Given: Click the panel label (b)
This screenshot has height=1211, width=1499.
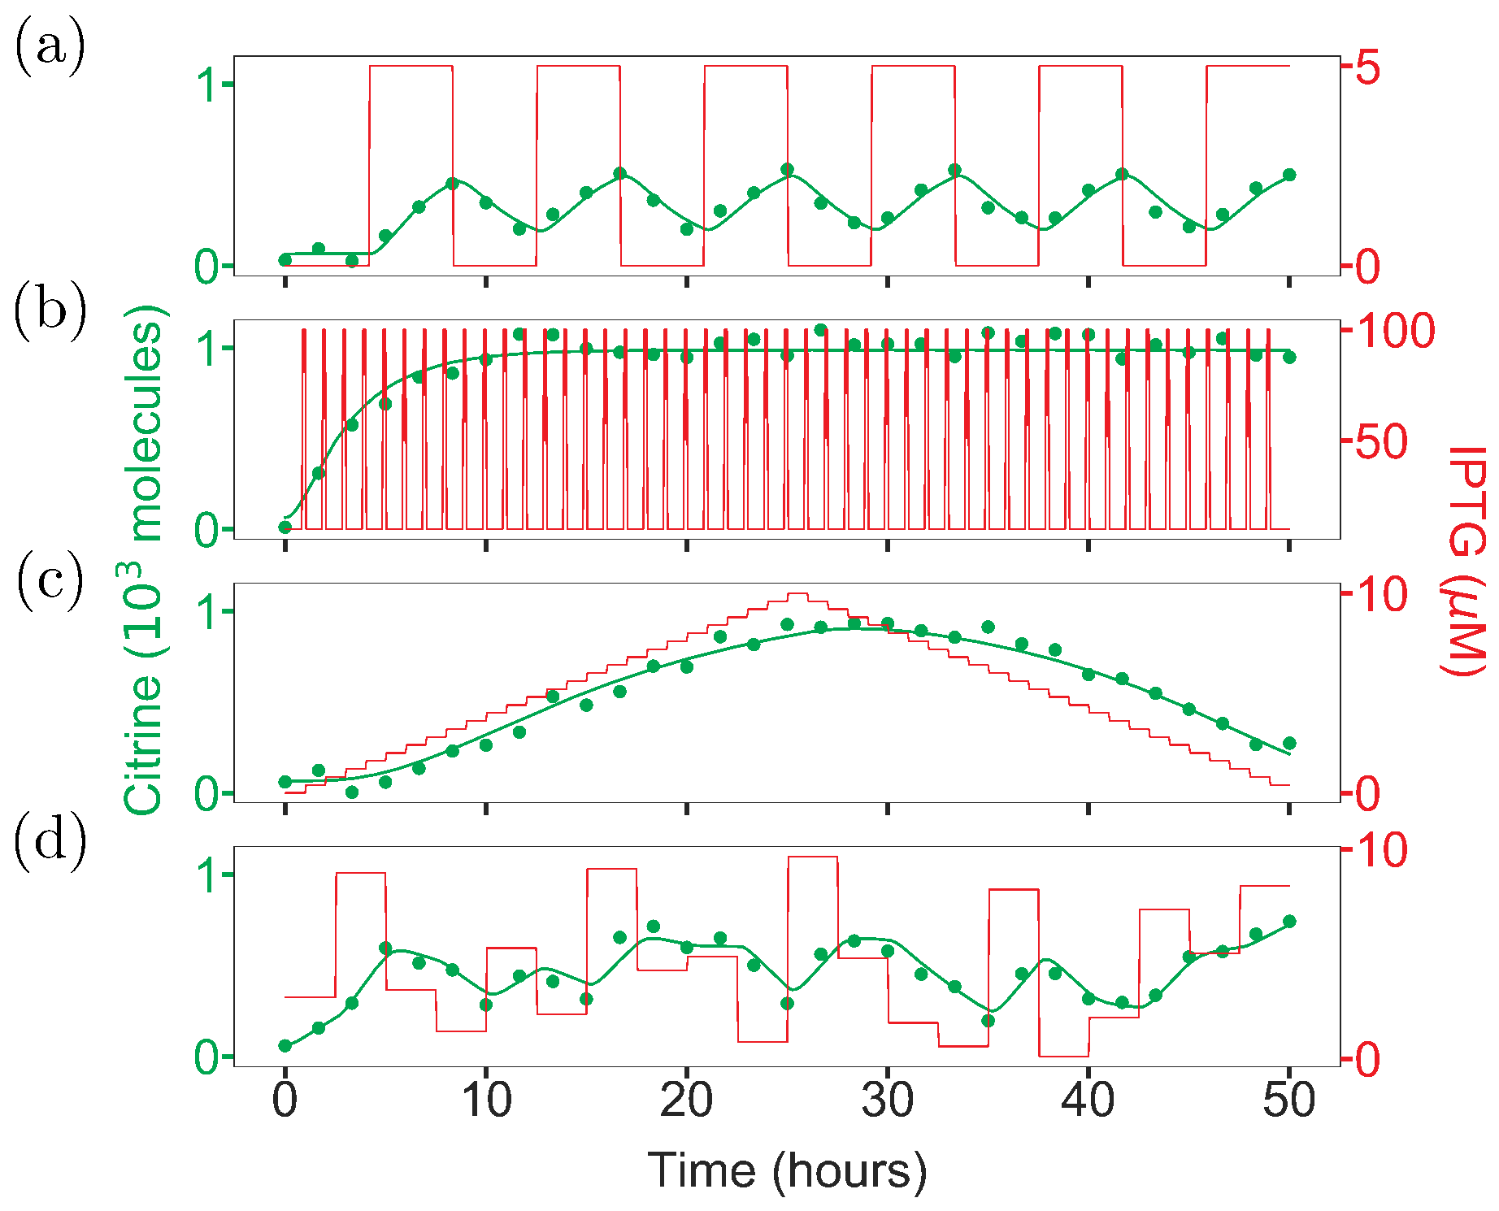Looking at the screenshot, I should point(50,312).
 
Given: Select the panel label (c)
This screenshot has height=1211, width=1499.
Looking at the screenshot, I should point(50,579).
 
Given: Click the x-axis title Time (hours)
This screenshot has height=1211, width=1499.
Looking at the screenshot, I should point(787,1171).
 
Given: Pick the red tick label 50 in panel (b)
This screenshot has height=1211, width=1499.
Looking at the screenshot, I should point(1382,443).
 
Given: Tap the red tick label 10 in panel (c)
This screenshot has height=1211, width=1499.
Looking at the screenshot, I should point(1382,594).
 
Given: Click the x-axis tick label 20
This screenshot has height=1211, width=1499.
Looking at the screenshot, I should point(687,1101).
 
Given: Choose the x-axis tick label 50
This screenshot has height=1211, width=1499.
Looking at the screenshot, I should point(1289,1101).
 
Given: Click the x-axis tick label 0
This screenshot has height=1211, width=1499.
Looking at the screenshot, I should point(285,1101).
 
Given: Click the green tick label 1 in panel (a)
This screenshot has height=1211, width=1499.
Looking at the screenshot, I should point(208,85).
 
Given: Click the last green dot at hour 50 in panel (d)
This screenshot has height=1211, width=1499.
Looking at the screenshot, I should point(1289,921).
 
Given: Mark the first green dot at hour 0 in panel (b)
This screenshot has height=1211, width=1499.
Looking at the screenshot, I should point(285,527).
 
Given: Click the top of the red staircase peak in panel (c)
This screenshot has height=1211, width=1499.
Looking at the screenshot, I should point(797,594).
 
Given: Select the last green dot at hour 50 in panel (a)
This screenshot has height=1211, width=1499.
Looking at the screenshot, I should point(1289,175).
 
